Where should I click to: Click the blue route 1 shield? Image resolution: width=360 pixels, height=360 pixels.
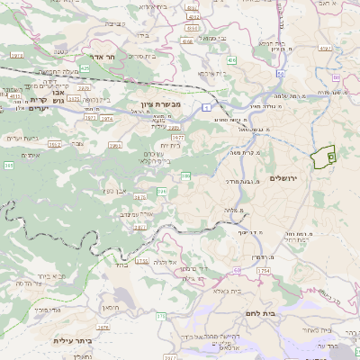pyautogui.click(x=206, y=106)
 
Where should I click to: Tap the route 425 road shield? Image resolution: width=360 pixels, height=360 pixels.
pyautogui.click(x=85, y=68)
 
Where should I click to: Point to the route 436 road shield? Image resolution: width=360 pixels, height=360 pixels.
pyautogui.click(x=231, y=60)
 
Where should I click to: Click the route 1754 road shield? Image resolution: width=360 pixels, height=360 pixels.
pyautogui.click(x=264, y=270)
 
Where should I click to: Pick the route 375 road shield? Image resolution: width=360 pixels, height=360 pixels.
pyautogui.click(x=159, y=317)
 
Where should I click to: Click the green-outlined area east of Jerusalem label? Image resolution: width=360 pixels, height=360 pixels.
pyautogui.click(x=322, y=157)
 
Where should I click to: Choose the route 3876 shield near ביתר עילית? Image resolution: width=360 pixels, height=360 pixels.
pyautogui.click(x=104, y=328)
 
